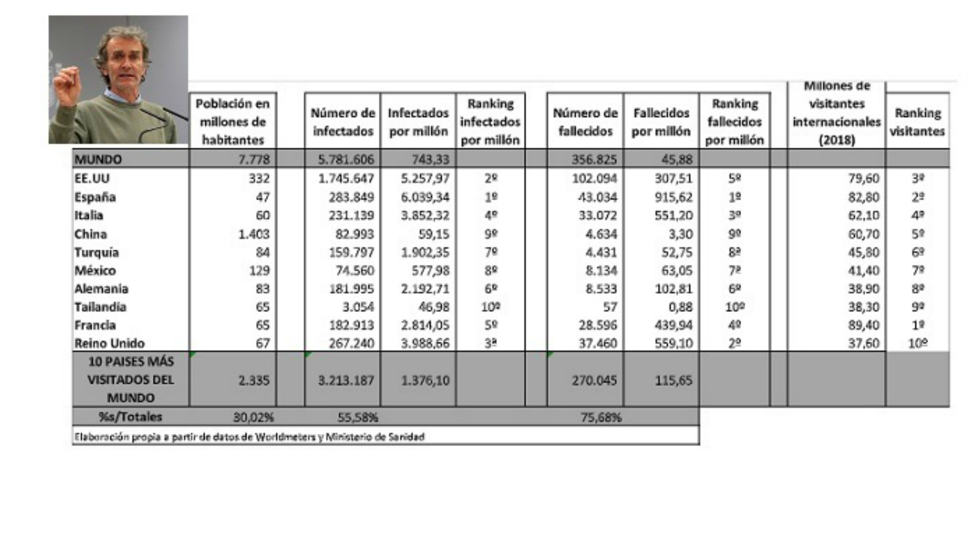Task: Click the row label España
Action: pos(95,197)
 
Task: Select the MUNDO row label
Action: pos(98,159)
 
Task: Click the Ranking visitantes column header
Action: pos(917,122)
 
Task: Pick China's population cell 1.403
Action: pos(254,234)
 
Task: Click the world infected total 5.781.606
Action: pos(346,159)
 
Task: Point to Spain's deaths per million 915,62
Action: pos(673,197)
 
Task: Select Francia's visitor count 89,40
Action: pos(864,325)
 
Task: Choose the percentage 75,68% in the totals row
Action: pos(601,417)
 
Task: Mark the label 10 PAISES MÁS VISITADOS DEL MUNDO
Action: pos(131,379)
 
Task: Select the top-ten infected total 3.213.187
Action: pos(346,380)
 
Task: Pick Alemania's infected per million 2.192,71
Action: pos(425,289)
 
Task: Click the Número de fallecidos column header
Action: pos(585,122)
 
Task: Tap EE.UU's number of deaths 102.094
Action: pos(594,178)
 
